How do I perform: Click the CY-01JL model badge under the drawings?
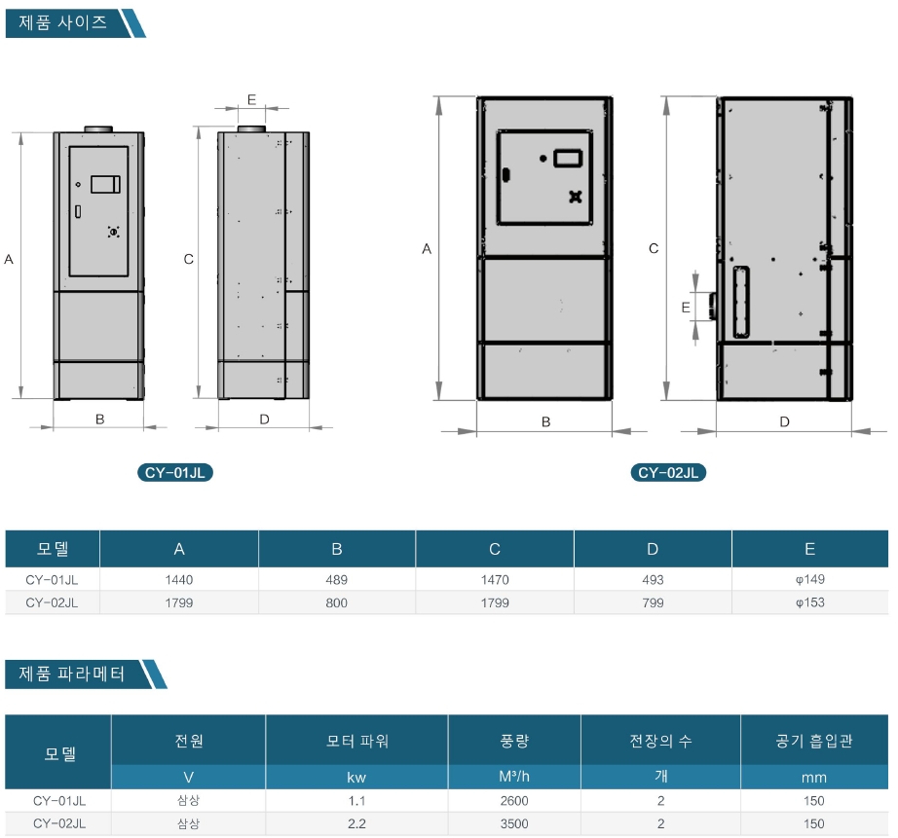tap(175, 473)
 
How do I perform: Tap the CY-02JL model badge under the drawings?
tap(668, 473)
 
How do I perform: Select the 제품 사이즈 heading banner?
tap(75, 23)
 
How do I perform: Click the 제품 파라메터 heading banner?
tap(86, 674)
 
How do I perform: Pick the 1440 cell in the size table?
tap(179, 580)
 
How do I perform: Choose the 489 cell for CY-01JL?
tap(337, 580)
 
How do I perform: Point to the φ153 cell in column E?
tap(809, 602)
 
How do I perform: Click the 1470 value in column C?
tap(495, 580)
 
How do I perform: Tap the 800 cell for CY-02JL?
tap(337, 602)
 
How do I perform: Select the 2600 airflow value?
tap(514, 801)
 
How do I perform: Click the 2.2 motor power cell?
tap(356, 823)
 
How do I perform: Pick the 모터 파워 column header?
tap(357, 741)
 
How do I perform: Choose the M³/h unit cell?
tap(514, 777)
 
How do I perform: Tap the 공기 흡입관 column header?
tap(814, 741)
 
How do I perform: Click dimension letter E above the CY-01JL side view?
tap(251, 99)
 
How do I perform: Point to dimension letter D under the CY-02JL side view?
tap(785, 421)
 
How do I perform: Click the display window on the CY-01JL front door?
tap(105, 184)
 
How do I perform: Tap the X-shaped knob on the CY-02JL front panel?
tap(575, 197)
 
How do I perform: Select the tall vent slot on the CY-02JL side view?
tap(741, 302)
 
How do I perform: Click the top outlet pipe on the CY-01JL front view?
tap(98, 129)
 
